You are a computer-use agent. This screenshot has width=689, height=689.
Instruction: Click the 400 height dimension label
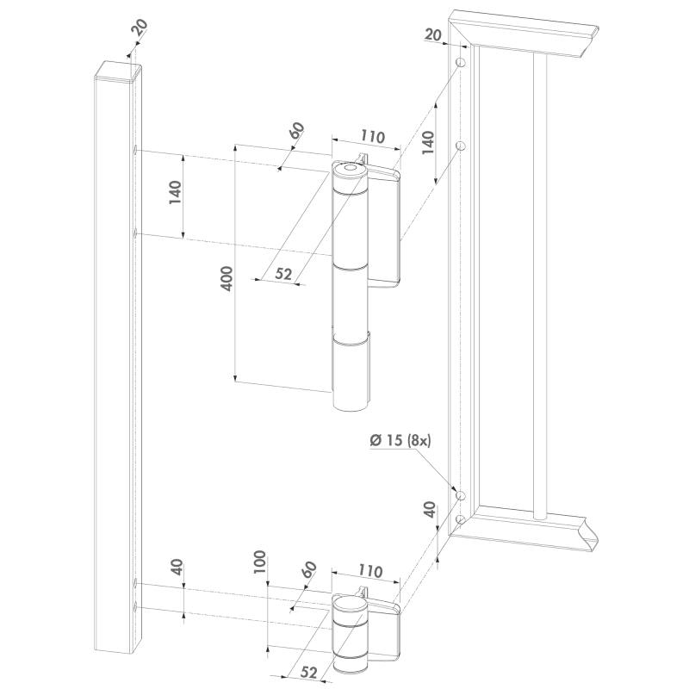(227, 278)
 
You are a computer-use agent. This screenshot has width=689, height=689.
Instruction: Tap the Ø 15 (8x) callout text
(400, 440)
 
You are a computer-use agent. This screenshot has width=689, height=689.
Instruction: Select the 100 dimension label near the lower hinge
(260, 562)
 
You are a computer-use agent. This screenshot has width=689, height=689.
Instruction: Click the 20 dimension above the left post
(140, 28)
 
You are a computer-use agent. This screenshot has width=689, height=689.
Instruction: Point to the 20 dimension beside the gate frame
(433, 34)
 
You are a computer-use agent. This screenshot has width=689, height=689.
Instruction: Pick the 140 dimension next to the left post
(175, 192)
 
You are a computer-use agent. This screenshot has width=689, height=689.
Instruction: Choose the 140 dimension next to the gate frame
(428, 142)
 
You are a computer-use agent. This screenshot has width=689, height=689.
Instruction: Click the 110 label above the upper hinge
(373, 137)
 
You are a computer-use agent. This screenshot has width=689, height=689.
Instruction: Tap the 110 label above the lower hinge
(370, 571)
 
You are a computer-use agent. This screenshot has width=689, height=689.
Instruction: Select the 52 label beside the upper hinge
(283, 273)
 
